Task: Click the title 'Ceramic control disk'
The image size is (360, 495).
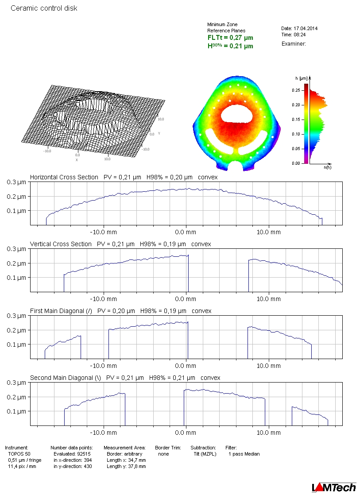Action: point(44,8)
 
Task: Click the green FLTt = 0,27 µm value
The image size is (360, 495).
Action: point(230,38)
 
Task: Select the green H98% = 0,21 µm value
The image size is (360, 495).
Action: point(230,46)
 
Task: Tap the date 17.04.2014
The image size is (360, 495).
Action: point(305,28)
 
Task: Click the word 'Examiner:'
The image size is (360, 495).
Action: point(294,43)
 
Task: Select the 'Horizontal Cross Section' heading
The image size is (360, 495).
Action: point(64,177)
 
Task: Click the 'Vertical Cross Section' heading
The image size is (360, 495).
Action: point(61,244)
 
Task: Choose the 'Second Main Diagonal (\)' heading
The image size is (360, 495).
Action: point(66,378)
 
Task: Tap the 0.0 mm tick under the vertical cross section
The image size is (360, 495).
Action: point(185,299)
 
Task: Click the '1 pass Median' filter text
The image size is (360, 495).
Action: point(244,454)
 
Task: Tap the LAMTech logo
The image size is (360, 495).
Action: point(334,487)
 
